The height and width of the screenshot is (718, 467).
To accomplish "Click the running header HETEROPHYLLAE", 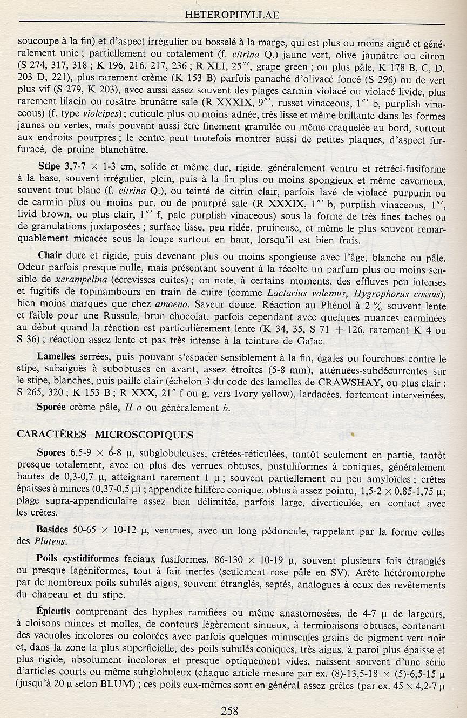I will point(232,15).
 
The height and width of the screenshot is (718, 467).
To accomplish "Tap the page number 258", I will point(229,710).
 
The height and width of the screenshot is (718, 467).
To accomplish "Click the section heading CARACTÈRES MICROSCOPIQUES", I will point(105,434).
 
